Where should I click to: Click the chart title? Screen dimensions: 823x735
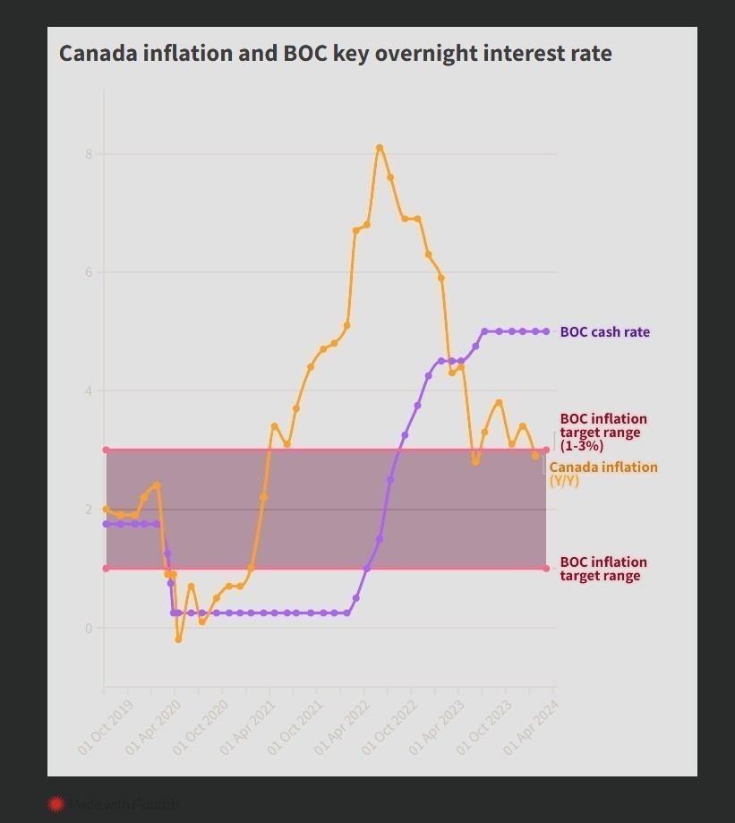[x=336, y=54]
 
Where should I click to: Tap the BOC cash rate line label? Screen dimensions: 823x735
[x=604, y=332]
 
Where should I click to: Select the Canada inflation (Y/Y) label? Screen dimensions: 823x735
[x=603, y=474]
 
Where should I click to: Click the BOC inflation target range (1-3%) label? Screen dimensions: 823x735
[x=603, y=432]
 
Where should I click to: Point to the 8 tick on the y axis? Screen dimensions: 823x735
[x=89, y=154]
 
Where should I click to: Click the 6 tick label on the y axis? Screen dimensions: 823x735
[x=89, y=272]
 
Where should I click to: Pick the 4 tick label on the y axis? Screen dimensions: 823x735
[x=89, y=391]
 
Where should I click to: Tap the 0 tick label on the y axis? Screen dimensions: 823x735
[x=89, y=628]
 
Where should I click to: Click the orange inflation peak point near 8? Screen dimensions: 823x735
[x=380, y=148]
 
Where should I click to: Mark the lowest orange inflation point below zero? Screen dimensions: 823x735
[x=178, y=639]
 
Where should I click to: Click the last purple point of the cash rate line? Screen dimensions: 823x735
[x=546, y=331]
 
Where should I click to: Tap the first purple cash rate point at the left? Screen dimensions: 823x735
[x=107, y=524]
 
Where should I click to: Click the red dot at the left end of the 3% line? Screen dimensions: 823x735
[x=106, y=450]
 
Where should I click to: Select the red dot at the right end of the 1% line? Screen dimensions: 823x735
[x=546, y=568]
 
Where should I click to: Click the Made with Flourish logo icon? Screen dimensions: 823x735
[x=56, y=804]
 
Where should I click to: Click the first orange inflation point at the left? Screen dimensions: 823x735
[x=106, y=509]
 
